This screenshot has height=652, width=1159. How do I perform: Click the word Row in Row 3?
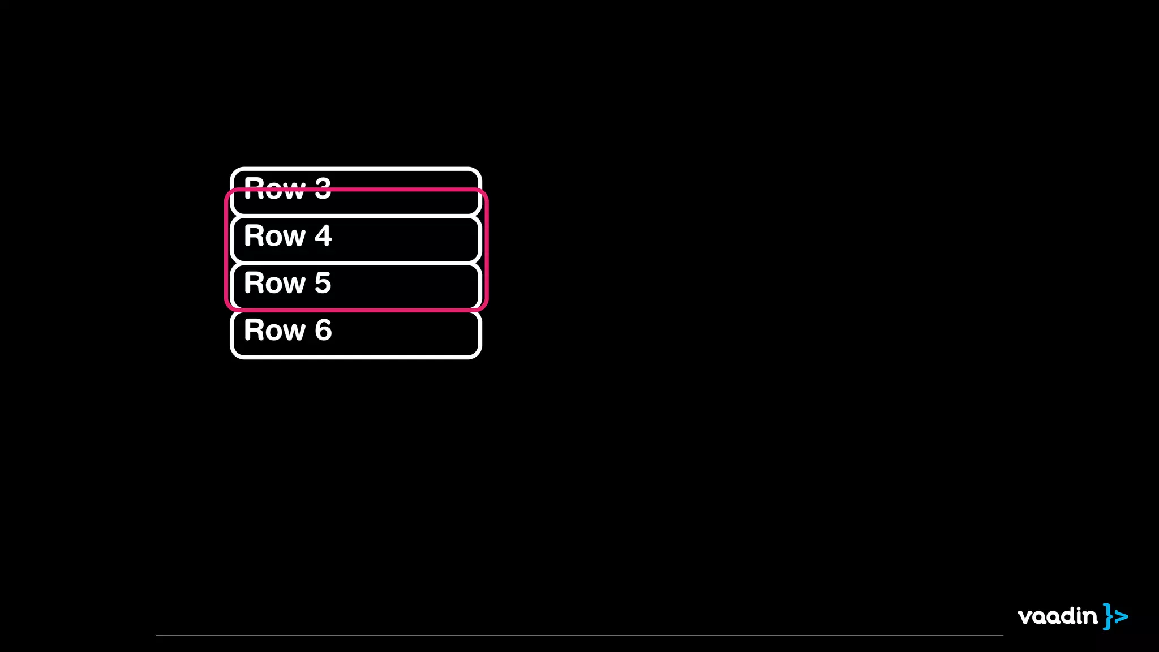pos(274,188)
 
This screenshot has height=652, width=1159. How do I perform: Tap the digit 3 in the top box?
pos(323,188)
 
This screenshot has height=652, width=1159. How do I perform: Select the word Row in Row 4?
pos(274,236)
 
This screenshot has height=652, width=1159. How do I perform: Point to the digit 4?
pos(323,236)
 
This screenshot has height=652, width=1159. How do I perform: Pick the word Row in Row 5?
pos(274,283)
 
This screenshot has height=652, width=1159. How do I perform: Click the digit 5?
pos(323,283)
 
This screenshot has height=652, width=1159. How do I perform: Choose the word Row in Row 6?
pos(274,330)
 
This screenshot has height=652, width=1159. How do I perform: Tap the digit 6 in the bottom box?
pos(323,330)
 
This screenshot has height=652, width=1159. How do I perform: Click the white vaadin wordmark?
pos(1057,616)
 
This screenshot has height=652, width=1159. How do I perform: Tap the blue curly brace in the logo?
pos(1108,616)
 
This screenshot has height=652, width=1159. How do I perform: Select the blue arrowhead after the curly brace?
pos(1122,616)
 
